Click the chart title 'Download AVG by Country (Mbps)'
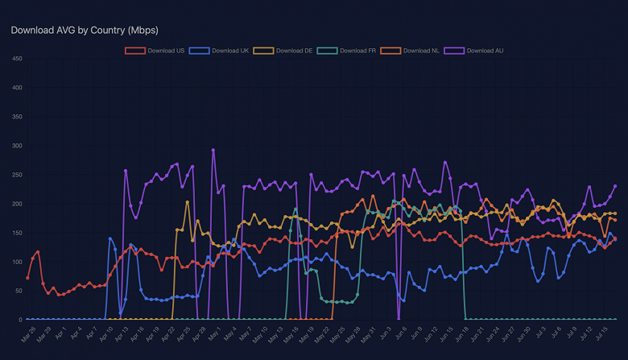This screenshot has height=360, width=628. click(85, 30)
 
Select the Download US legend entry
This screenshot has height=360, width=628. click(155, 51)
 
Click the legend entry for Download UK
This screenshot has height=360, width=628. click(219, 51)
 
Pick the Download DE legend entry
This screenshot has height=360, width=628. click(283, 51)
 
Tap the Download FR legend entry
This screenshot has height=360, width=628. click(347, 51)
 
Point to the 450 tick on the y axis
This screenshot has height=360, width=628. click(16, 59)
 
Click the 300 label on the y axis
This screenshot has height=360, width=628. click(16, 146)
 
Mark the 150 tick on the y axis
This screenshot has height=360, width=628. click(16, 233)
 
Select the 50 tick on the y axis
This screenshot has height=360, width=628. click(18, 291)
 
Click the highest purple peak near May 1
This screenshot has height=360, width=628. click(213, 150)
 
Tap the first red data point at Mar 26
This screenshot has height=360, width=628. click(28, 278)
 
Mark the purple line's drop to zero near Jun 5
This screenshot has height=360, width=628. click(399, 319)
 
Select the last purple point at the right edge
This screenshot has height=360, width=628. click(615, 186)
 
